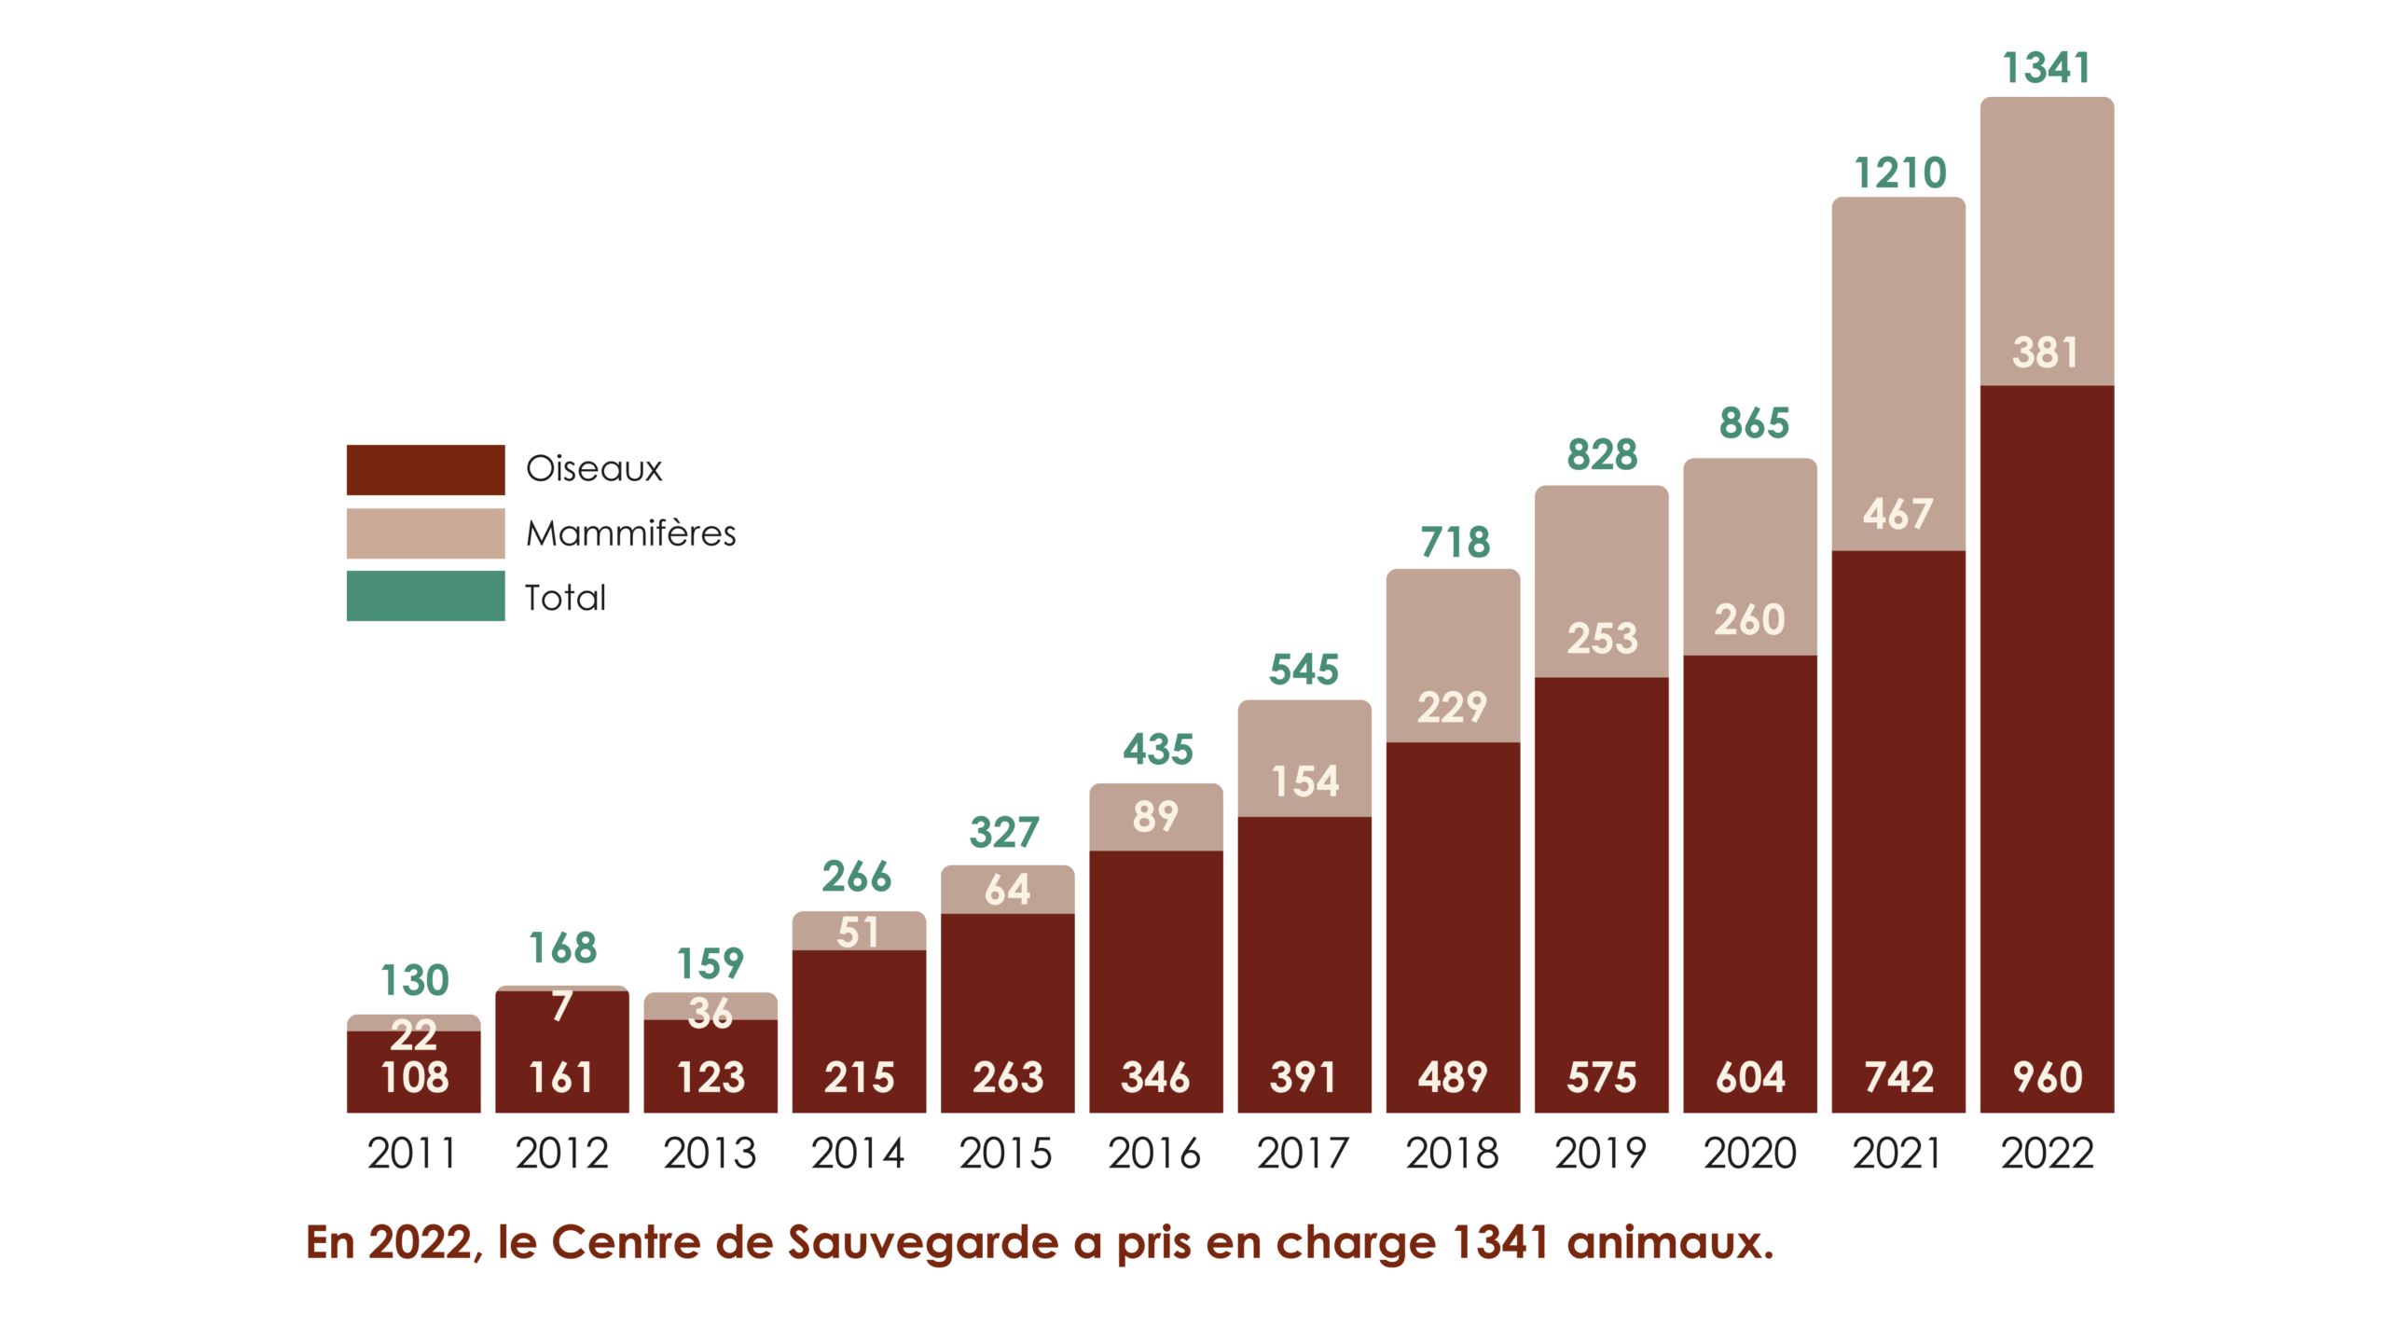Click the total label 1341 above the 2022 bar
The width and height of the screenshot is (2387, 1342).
pos(2046,68)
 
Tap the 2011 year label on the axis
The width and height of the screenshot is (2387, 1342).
pos(412,1154)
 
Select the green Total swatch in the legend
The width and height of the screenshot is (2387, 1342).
pos(425,596)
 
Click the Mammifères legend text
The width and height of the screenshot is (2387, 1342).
pos(630,533)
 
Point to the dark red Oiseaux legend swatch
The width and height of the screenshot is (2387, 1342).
pos(425,469)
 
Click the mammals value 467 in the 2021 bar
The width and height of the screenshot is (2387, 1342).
pos(1897,514)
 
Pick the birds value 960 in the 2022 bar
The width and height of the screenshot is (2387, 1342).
pos(2047,1077)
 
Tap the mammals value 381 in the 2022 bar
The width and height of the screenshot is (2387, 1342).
pos(2045,353)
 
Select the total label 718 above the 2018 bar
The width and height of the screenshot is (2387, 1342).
pos(1455,543)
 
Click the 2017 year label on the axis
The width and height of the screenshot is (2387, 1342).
pos(1303,1154)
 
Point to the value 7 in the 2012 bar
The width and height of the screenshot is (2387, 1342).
pos(561,1006)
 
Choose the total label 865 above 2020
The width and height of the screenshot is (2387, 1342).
pos(1754,422)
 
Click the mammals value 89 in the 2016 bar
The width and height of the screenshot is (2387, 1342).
pos(1155,817)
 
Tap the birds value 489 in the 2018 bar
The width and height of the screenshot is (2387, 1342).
pos(1452,1077)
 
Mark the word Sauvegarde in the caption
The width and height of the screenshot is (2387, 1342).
pos(923,1242)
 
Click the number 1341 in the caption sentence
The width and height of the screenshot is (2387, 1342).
pos(1500,1242)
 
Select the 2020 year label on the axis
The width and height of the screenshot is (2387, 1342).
pos(1749,1154)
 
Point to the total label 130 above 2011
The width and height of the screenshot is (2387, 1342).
pos(414,980)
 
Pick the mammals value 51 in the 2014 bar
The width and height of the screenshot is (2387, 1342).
pos(858,933)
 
